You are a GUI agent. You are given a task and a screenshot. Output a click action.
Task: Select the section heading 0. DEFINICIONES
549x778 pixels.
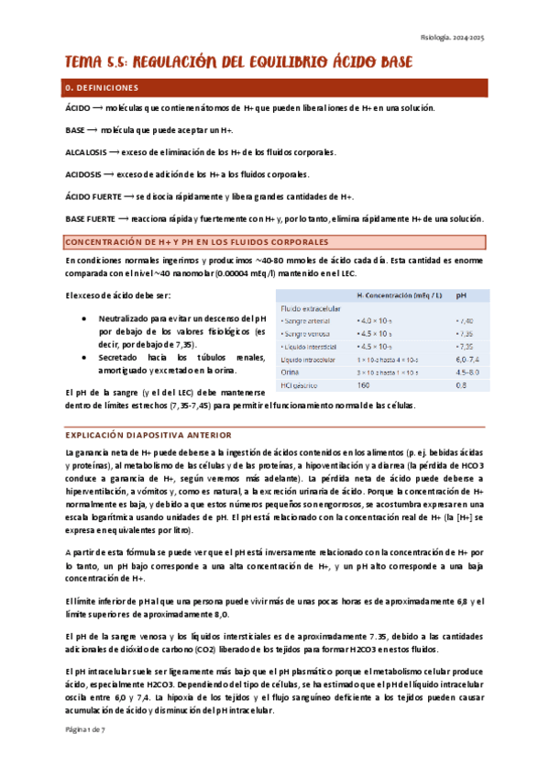103,88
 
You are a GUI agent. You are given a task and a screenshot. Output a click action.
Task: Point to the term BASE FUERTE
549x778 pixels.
90,218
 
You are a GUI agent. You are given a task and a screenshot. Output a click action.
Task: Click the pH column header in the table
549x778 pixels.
461,295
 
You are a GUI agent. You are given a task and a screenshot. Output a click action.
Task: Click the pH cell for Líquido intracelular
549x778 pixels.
467,361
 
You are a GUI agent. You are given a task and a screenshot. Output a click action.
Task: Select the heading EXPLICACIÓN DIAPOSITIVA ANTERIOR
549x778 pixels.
148,434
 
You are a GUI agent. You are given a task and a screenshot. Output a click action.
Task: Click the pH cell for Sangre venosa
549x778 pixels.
466,335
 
